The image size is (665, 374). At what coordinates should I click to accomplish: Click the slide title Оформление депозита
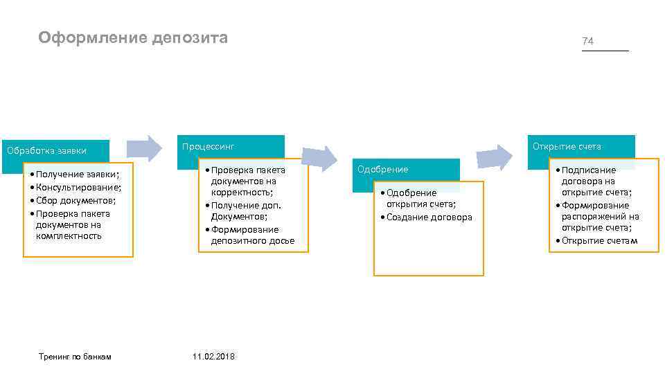[133, 37]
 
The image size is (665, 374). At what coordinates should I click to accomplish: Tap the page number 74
[587, 42]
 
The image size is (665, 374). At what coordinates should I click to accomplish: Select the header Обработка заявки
[46, 150]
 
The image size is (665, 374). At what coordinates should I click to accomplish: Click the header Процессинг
[209, 146]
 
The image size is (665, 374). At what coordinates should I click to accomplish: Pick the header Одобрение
[382, 170]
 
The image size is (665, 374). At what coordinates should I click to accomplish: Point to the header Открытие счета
[567, 146]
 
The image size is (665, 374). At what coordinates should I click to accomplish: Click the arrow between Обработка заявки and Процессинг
[144, 148]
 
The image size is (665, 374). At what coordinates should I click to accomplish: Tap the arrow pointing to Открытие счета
[494, 157]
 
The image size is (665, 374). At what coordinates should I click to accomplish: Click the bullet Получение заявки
[77, 174]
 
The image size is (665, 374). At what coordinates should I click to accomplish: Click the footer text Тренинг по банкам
[75, 356]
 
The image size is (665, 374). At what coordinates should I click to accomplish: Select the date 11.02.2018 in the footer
[213, 356]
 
